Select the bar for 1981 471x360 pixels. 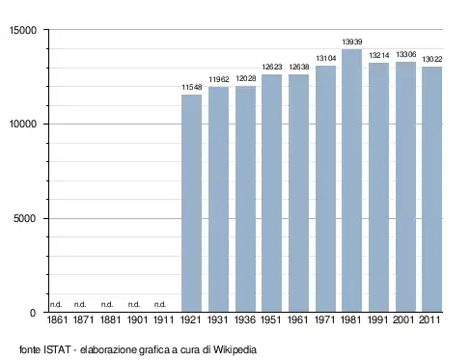(x=351, y=180)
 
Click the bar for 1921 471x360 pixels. (x=192, y=204)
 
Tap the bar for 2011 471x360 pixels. (x=432, y=189)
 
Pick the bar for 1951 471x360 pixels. (x=271, y=193)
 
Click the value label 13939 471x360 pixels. (x=352, y=42)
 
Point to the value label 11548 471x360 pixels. (x=192, y=87)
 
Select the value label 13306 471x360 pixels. (x=406, y=54)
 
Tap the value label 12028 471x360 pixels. (x=246, y=78)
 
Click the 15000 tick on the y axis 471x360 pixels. (x=23, y=30)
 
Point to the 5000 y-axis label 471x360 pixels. (x=25, y=219)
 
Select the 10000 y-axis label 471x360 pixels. (x=23, y=125)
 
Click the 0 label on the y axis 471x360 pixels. (x=33, y=313)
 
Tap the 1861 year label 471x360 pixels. (x=57, y=319)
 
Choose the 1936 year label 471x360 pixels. (x=245, y=319)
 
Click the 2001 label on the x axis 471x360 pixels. (x=403, y=319)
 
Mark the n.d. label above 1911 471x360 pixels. (x=160, y=304)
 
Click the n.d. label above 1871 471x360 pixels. (x=80, y=304)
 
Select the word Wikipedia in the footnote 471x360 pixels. (x=235, y=349)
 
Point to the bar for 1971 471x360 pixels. (x=325, y=189)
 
